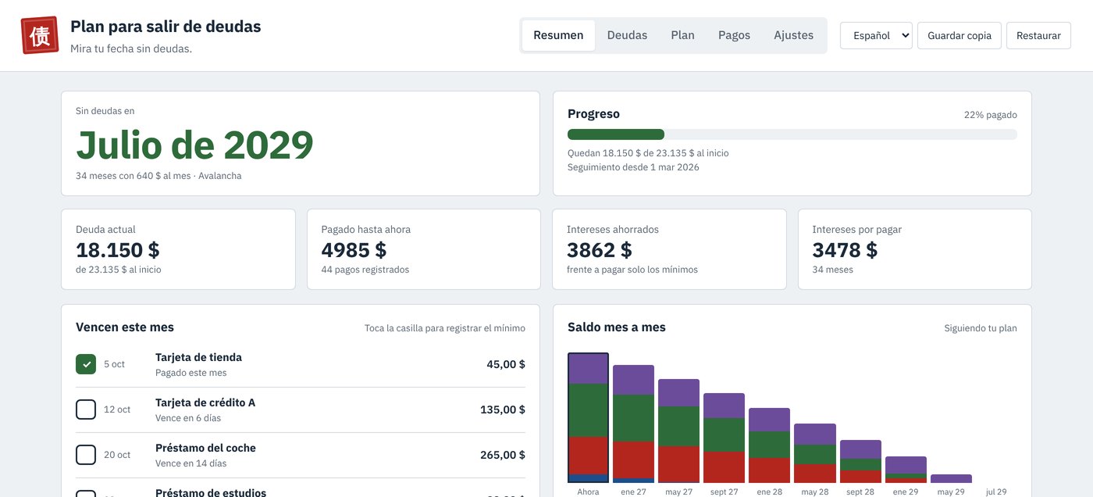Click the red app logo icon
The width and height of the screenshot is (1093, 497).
click(40, 35)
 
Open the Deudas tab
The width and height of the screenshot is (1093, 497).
click(627, 35)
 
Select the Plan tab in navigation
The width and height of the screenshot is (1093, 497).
click(682, 35)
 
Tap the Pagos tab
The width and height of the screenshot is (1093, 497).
click(734, 35)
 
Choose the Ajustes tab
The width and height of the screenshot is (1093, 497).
click(793, 35)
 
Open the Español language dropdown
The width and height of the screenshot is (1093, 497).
click(876, 36)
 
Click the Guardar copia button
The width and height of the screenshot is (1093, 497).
click(959, 36)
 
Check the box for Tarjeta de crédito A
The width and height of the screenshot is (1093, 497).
click(86, 409)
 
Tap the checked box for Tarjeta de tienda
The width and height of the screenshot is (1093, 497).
click(86, 364)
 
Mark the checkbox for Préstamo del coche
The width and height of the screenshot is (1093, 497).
click(86, 455)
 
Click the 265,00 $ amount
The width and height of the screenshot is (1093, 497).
click(503, 455)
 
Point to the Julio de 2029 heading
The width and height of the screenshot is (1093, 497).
click(194, 145)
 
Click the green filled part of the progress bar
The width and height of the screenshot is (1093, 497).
click(616, 134)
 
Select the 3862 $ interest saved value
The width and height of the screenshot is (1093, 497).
click(600, 250)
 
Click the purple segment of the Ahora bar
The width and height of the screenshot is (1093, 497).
click(588, 369)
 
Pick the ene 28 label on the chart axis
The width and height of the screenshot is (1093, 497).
click(770, 492)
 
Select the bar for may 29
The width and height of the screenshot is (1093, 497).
click(951, 478)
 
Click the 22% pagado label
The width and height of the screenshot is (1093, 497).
click(991, 115)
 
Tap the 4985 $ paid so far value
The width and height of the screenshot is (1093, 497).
click(354, 250)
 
